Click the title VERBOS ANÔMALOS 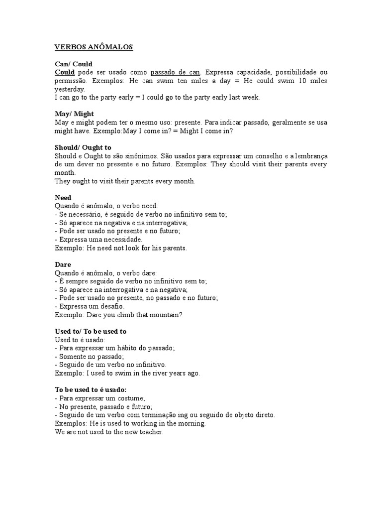click(x=94, y=47)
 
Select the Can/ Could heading click(x=73, y=64)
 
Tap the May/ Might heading click(x=74, y=114)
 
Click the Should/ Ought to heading click(x=83, y=147)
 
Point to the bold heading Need click(x=63, y=198)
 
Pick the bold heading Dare click(x=63, y=264)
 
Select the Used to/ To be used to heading click(x=91, y=331)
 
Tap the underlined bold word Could click(x=65, y=72)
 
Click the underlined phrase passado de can click(x=176, y=72)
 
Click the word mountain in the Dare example click(x=164, y=315)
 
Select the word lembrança click(x=309, y=156)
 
